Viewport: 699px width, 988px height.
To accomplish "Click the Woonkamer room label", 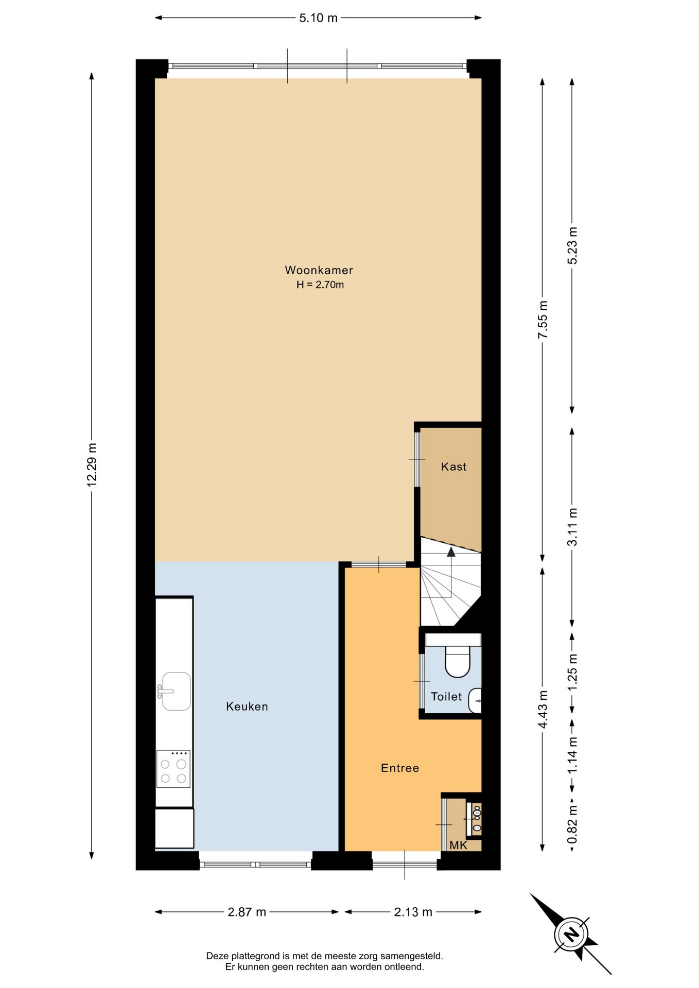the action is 319,270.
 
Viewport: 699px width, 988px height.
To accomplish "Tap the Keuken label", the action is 247,707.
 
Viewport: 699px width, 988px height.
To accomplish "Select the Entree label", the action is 400,768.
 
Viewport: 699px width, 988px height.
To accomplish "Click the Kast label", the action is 453,467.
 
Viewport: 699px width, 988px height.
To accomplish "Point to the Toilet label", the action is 446,697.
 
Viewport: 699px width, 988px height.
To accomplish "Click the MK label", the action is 458,845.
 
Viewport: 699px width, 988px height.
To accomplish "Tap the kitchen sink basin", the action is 177,691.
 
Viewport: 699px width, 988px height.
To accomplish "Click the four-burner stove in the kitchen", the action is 173,769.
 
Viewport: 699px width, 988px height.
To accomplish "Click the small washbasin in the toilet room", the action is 475,700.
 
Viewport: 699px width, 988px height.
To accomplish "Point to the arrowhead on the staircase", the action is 451,552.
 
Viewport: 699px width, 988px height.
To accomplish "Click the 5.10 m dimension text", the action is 319,18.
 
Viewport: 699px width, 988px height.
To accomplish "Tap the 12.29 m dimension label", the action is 92,465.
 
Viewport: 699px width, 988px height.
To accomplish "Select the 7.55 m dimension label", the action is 543,320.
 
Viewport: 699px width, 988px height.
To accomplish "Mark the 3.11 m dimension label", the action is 572,527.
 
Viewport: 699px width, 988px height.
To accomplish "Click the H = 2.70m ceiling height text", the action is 320,285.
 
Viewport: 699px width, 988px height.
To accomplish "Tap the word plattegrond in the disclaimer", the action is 255,956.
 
